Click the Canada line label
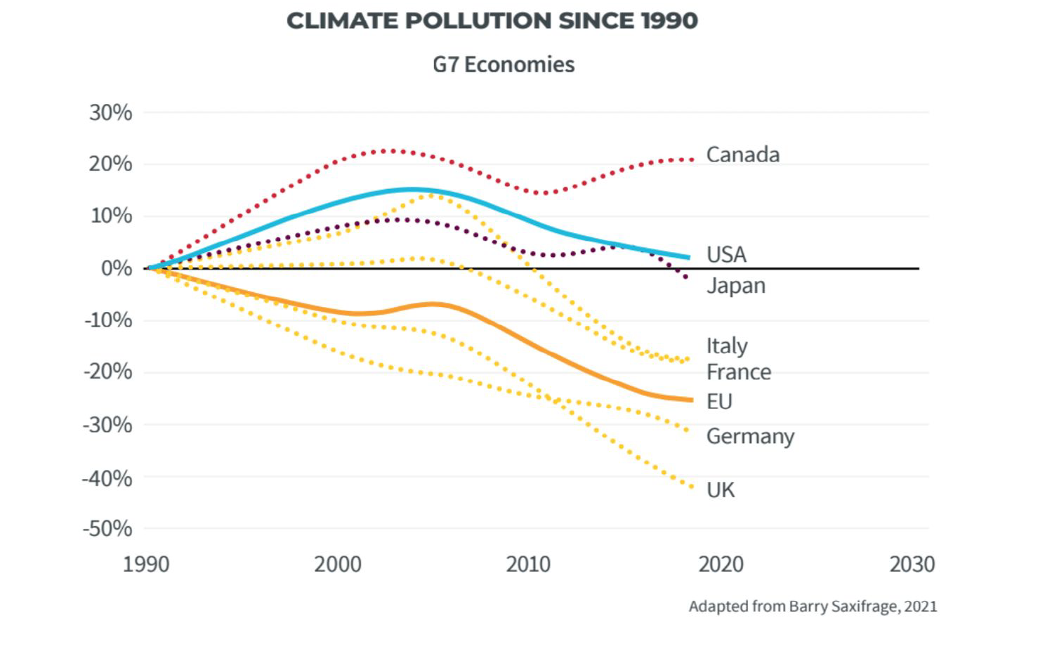tap(743, 155)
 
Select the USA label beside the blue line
tap(726, 255)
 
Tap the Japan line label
tap(736, 286)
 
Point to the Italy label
tap(727, 346)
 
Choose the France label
tap(739, 372)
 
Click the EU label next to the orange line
tap(719, 401)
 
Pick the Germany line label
tap(750, 437)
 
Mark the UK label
tap(721, 490)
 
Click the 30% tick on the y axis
tap(110, 113)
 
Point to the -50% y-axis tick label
tap(107, 529)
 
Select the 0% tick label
tap(117, 269)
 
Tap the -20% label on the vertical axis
tap(107, 372)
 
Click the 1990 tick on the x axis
tap(145, 564)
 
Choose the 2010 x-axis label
tap(528, 564)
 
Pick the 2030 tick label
tap(912, 564)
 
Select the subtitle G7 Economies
tap(504, 65)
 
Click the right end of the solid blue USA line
tap(689, 257)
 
